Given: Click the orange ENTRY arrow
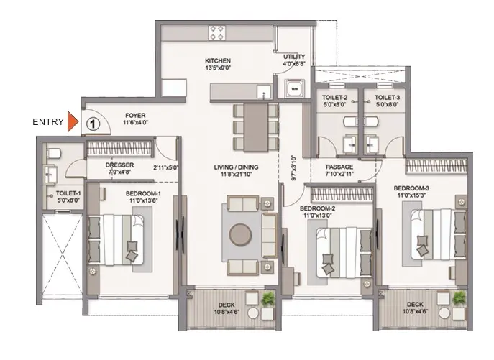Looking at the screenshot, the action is click(73, 121).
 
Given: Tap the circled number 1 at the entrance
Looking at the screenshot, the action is click(93, 124).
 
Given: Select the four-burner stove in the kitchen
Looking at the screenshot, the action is click(216, 33).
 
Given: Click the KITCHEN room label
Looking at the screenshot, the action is click(218, 61).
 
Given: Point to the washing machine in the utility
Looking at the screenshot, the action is click(294, 88).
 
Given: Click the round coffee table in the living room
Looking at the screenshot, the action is click(240, 234).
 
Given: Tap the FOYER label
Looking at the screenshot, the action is click(135, 116).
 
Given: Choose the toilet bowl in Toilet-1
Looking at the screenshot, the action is click(53, 153).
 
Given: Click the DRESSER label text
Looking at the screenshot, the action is click(119, 165).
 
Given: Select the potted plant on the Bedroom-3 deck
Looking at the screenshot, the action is click(459, 297).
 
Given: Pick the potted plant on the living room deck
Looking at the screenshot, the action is click(268, 299).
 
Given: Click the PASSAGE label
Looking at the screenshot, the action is click(339, 167).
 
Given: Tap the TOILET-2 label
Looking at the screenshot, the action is click(334, 98).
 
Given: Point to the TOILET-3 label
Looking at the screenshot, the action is click(387, 98).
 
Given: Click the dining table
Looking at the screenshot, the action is click(256, 127).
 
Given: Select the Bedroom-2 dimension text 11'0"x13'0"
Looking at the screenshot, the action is click(317, 216).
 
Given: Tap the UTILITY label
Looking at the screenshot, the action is click(294, 57).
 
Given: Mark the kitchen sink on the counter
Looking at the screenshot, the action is click(264, 92).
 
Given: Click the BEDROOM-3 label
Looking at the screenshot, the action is click(411, 188).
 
